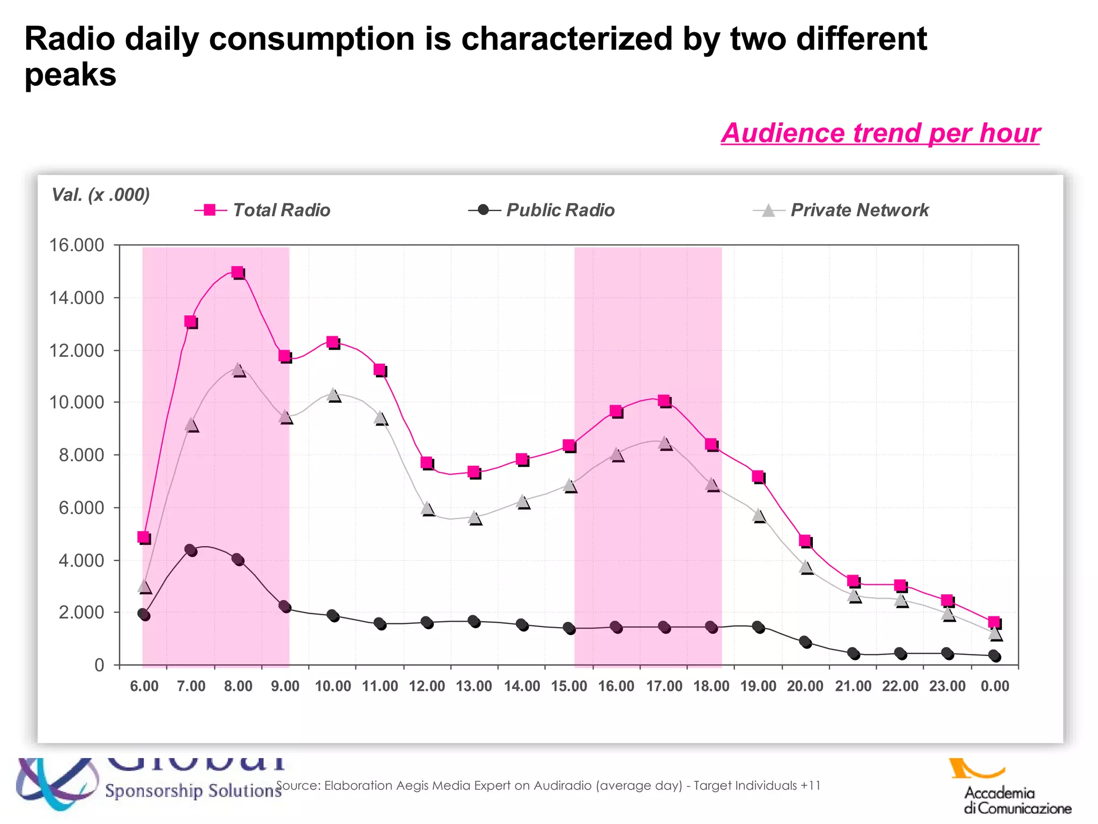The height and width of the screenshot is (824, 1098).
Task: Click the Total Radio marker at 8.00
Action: [x=238, y=272]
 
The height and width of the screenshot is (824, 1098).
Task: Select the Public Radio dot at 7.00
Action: [x=190, y=550]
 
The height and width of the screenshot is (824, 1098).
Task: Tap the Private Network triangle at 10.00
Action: [x=333, y=395]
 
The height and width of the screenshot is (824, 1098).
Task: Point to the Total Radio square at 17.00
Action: [x=664, y=401]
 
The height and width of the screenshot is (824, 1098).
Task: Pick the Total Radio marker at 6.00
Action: [x=143, y=537]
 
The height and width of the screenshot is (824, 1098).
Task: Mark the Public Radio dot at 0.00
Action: [x=994, y=656]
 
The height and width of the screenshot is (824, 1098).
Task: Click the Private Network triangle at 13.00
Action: [x=474, y=518]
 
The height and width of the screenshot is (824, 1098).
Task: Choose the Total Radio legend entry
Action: [x=263, y=210]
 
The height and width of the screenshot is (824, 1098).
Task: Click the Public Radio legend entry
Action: [x=541, y=210]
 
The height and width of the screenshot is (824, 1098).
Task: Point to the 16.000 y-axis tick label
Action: [x=77, y=245]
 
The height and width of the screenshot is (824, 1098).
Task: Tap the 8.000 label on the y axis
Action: [x=81, y=455]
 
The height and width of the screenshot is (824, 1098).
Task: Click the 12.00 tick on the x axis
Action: [x=427, y=686]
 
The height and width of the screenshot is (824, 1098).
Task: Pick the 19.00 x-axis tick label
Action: [x=758, y=686]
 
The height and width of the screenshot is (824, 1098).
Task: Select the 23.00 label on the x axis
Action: [x=947, y=686]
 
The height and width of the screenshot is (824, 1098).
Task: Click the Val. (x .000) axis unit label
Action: [x=100, y=194]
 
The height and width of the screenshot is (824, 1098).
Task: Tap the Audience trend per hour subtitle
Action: [x=880, y=133]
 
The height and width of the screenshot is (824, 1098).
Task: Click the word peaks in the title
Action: [x=70, y=75]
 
